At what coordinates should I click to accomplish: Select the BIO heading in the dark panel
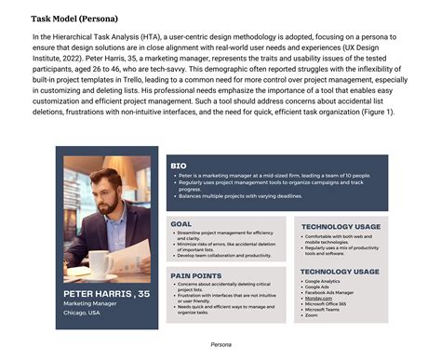pyautogui.click(x=179, y=166)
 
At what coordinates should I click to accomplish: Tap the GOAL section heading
pyautogui.click(x=181, y=224)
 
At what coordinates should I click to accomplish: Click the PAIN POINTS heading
pyautogui.click(x=194, y=275)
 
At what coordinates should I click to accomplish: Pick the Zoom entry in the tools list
pyautogui.click(x=311, y=315)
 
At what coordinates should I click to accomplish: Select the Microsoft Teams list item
pyautogui.click(x=323, y=310)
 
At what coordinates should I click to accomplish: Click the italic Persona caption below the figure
pyautogui.click(x=220, y=344)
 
